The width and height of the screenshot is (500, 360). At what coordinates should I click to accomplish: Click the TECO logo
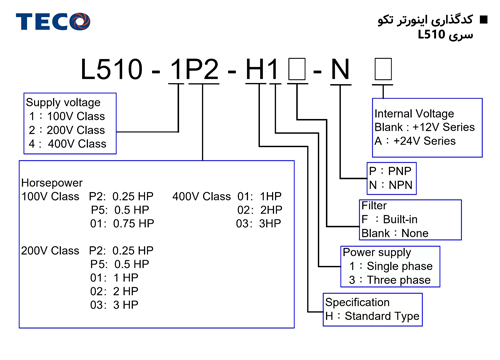(53, 21)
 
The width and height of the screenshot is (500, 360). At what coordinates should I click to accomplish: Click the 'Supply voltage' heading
(63, 102)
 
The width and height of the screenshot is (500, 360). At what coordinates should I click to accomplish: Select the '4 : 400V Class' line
(67, 144)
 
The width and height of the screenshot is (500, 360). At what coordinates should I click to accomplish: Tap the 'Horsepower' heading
(52, 183)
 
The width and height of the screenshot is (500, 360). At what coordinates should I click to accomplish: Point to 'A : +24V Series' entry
(415, 141)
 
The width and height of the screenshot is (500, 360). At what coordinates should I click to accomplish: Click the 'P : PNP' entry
(390, 171)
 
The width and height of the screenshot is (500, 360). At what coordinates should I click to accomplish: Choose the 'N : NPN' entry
(390, 185)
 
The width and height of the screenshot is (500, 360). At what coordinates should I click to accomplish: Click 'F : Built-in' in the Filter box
(389, 219)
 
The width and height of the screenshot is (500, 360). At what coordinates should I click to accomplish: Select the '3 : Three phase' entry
(390, 280)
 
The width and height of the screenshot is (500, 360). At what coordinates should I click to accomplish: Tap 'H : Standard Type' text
(372, 316)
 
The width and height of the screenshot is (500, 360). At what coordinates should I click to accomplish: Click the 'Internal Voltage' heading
(414, 114)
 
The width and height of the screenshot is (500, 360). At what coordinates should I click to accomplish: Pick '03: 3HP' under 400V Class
(258, 223)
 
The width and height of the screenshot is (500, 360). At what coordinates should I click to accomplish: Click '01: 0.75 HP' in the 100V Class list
(122, 223)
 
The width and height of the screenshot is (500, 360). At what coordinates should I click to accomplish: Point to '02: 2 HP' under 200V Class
(114, 291)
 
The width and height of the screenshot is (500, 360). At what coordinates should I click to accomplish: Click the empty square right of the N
(383, 69)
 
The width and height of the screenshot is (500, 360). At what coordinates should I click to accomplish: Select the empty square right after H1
(297, 69)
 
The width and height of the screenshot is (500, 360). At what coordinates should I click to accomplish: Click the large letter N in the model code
(340, 69)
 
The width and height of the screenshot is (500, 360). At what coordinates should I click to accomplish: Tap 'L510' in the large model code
(112, 69)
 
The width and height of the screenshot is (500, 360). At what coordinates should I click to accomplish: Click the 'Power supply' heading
(377, 252)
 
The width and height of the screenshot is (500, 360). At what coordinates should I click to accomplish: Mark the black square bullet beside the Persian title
(483, 20)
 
